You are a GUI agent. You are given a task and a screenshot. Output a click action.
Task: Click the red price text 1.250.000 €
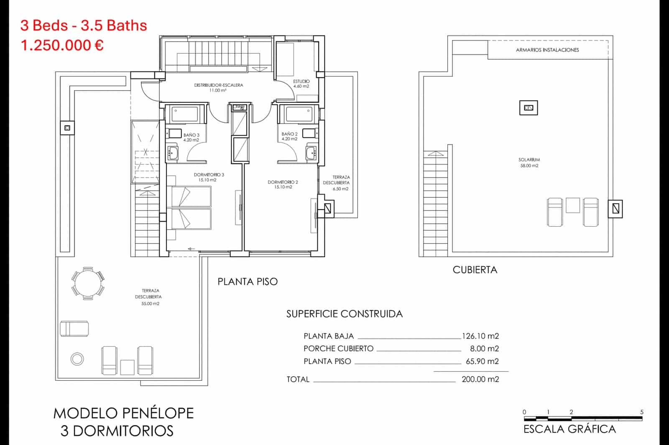point(62,45)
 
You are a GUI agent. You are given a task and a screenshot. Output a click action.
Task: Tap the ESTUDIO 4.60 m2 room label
point(301,83)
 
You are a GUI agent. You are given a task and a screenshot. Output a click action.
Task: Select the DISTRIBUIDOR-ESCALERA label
point(218,87)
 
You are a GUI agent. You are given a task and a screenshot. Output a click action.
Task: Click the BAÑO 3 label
point(191,137)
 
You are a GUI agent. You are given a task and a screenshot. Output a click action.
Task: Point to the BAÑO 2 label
point(289,137)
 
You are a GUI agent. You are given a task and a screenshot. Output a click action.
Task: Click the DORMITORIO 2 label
point(283,185)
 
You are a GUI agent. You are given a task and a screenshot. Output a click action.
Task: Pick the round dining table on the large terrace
point(88,283)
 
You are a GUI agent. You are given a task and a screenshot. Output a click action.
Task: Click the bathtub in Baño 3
point(184,114)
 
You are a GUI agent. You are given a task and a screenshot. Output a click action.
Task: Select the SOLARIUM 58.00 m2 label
point(529,162)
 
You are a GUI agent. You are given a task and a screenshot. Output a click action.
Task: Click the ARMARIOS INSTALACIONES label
point(547,50)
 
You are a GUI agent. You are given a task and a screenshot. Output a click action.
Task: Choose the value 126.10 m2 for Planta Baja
point(480,336)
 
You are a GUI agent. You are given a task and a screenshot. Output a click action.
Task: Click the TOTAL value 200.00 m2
point(480,379)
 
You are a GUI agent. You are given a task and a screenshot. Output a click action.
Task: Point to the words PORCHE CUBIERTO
point(338,349)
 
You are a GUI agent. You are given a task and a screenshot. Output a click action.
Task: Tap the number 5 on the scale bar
point(641,412)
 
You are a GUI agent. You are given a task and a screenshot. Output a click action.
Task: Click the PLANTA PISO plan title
point(248,282)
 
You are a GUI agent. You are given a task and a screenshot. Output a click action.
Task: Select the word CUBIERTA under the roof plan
point(475,270)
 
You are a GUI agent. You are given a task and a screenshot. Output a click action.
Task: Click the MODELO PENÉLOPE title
point(124,413)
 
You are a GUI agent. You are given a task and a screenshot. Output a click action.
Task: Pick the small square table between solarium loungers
point(573,205)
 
